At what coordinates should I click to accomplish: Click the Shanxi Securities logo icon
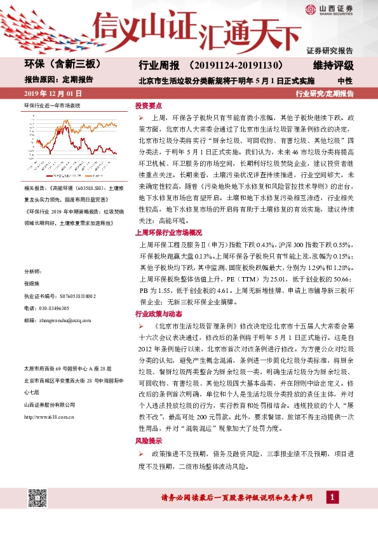pos(310,9)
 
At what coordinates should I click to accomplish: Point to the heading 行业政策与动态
pos(159,313)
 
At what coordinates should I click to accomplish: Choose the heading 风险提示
pos(148,440)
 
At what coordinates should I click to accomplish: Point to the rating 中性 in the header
pos(345,81)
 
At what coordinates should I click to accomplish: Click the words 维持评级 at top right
pos(333,65)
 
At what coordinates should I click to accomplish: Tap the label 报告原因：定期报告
pos(58,80)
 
